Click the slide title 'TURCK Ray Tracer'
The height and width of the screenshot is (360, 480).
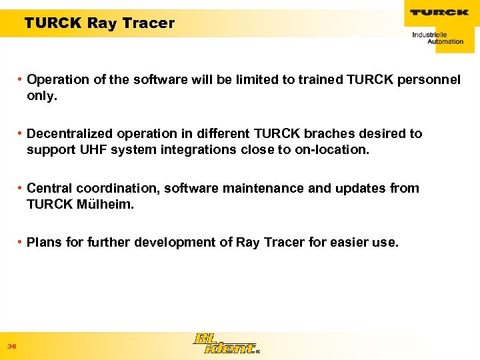click(x=99, y=23)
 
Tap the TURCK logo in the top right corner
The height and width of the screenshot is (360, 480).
click(x=439, y=13)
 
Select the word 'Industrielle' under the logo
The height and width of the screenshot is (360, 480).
click(x=429, y=34)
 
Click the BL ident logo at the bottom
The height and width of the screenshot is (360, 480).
click(x=225, y=343)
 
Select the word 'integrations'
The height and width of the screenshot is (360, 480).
click(x=199, y=150)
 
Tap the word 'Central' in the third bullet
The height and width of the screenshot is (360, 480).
click(x=49, y=188)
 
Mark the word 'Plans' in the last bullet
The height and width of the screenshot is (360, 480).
click(x=44, y=242)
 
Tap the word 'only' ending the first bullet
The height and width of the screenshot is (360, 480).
click(x=41, y=95)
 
